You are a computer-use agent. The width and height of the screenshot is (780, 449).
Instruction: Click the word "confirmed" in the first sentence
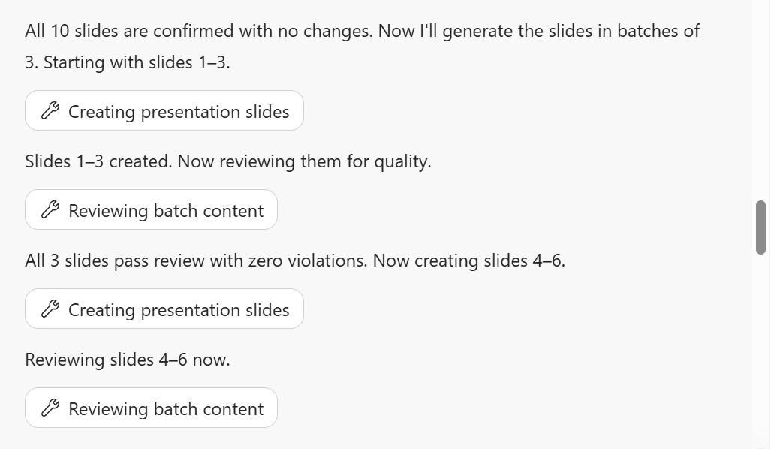click(193, 31)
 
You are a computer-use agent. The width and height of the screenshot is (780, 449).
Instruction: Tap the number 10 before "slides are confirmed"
click(60, 31)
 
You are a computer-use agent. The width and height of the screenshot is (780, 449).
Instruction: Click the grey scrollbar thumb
click(760, 228)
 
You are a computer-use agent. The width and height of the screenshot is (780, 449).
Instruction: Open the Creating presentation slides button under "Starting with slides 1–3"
click(164, 110)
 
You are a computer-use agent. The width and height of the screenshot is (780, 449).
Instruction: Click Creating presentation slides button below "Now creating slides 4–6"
click(164, 309)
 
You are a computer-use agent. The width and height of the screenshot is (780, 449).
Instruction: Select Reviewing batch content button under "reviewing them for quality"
click(151, 209)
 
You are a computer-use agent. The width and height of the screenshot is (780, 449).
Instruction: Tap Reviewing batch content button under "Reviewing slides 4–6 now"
click(151, 408)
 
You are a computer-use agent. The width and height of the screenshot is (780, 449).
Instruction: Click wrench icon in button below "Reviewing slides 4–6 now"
click(50, 408)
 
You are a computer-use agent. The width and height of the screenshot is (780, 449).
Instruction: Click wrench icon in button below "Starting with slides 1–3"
click(50, 110)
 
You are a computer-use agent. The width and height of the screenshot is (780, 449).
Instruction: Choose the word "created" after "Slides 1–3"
click(140, 161)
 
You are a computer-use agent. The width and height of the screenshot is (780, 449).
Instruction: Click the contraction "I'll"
click(429, 31)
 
